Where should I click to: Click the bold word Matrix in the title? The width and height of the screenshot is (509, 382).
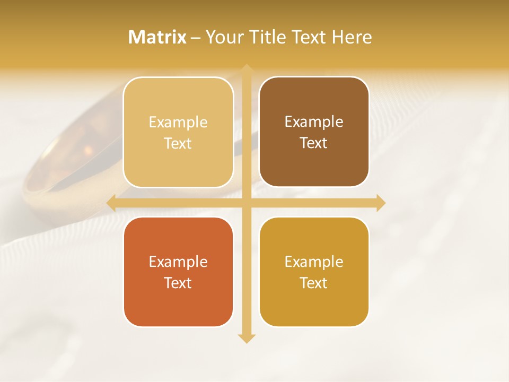coord(157,37)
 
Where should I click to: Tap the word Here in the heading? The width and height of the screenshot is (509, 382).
coord(352,37)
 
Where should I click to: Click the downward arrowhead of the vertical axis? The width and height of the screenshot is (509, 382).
coord(246,338)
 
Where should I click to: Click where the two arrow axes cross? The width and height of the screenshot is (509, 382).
coord(246,203)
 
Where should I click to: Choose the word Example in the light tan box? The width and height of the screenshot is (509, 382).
coord(178,122)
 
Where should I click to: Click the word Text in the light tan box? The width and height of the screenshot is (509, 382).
coord(178,143)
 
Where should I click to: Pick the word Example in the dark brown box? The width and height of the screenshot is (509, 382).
coord(314,121)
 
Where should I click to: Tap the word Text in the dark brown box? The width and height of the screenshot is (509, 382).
coord(314,143)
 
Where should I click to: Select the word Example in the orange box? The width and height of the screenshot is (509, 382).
coord(178,262)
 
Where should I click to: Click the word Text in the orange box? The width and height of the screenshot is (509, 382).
coord(178,283)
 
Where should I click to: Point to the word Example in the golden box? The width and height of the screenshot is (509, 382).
coord(314,262)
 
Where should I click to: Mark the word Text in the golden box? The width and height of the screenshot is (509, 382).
coord(314,283)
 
